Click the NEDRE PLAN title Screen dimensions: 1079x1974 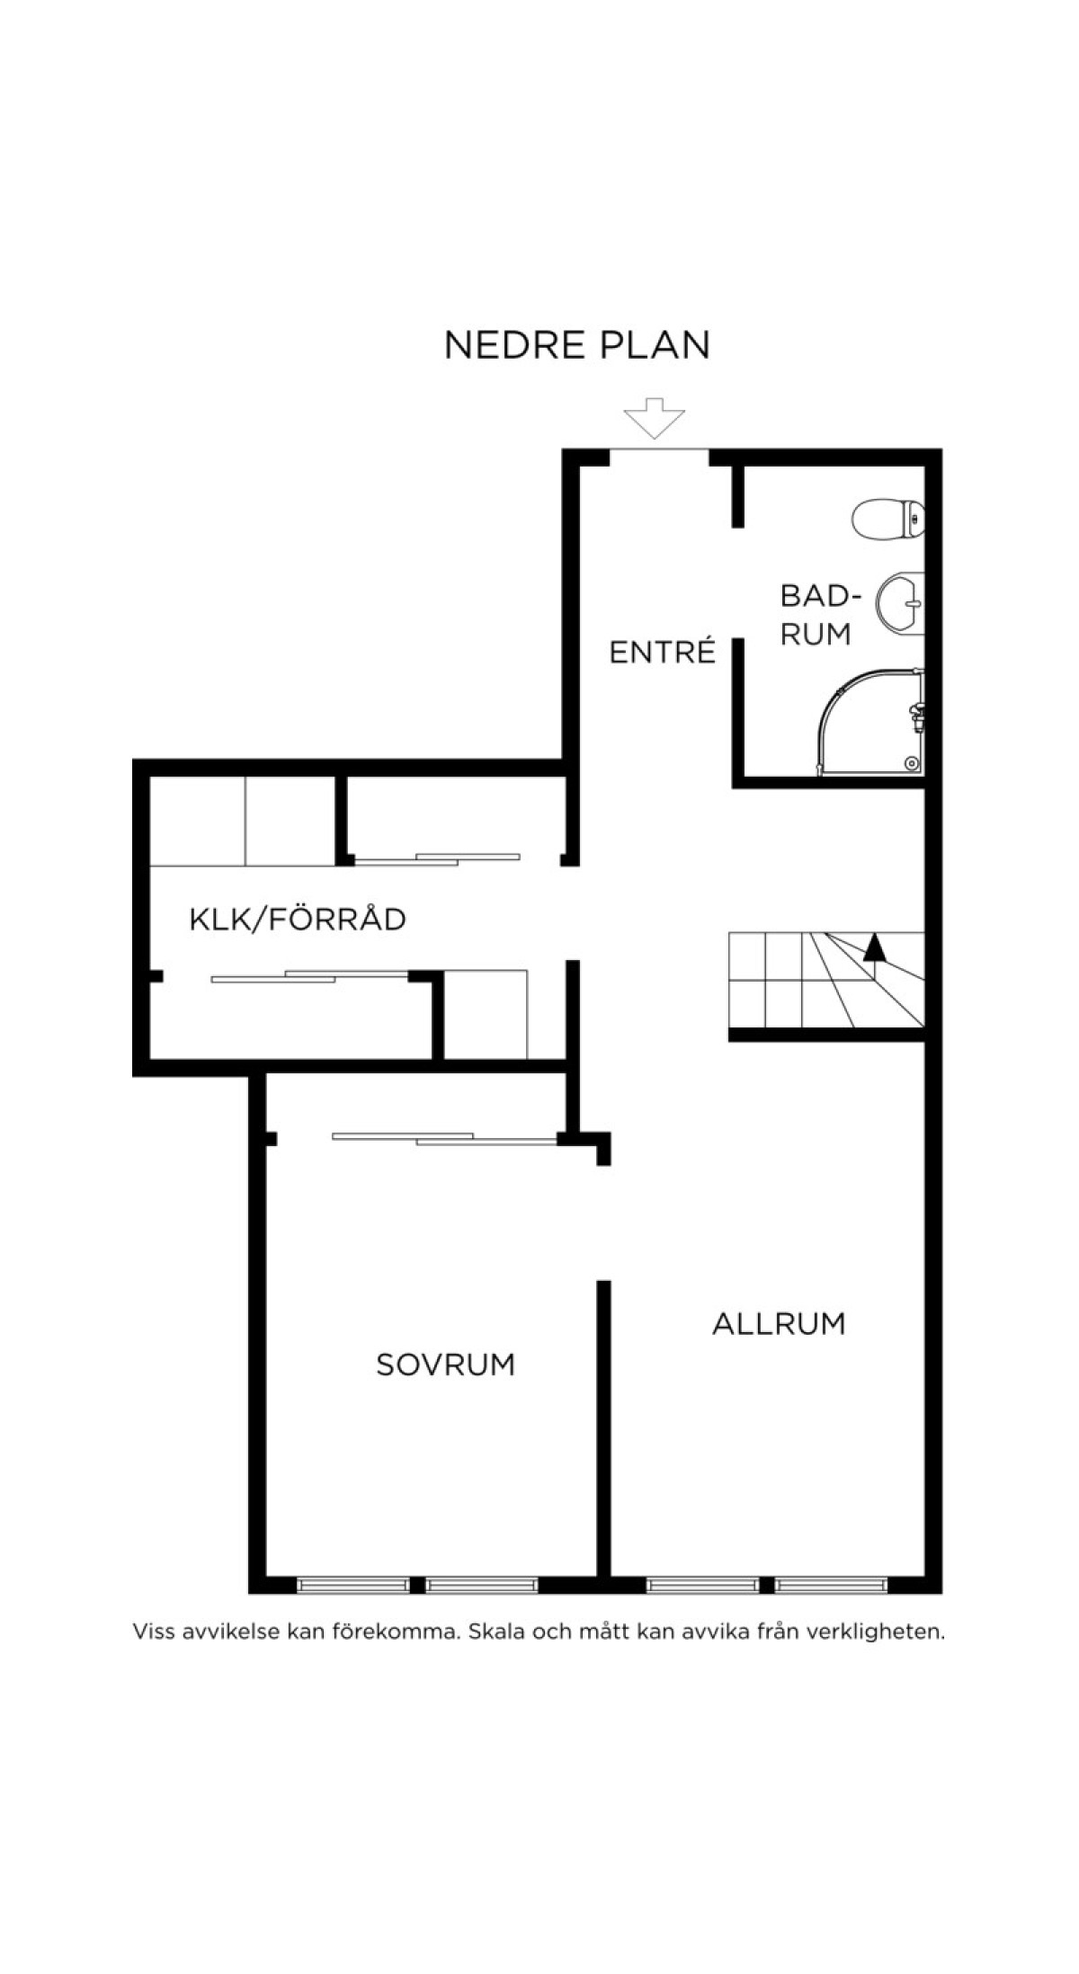(x=577, y=345)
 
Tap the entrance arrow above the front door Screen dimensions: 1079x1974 (x=655, y=418)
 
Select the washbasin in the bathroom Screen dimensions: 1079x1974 (x=900, y=602)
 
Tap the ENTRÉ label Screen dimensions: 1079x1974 (x=662, y=652)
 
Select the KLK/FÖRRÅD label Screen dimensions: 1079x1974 (x=298, y=919)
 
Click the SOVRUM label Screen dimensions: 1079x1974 (x=445, y=1365)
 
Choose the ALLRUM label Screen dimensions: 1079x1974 (x=779, y=1323)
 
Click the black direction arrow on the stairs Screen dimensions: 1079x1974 (x=874, y=947)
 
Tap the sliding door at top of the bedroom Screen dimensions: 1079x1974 (x=445, y=1138)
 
